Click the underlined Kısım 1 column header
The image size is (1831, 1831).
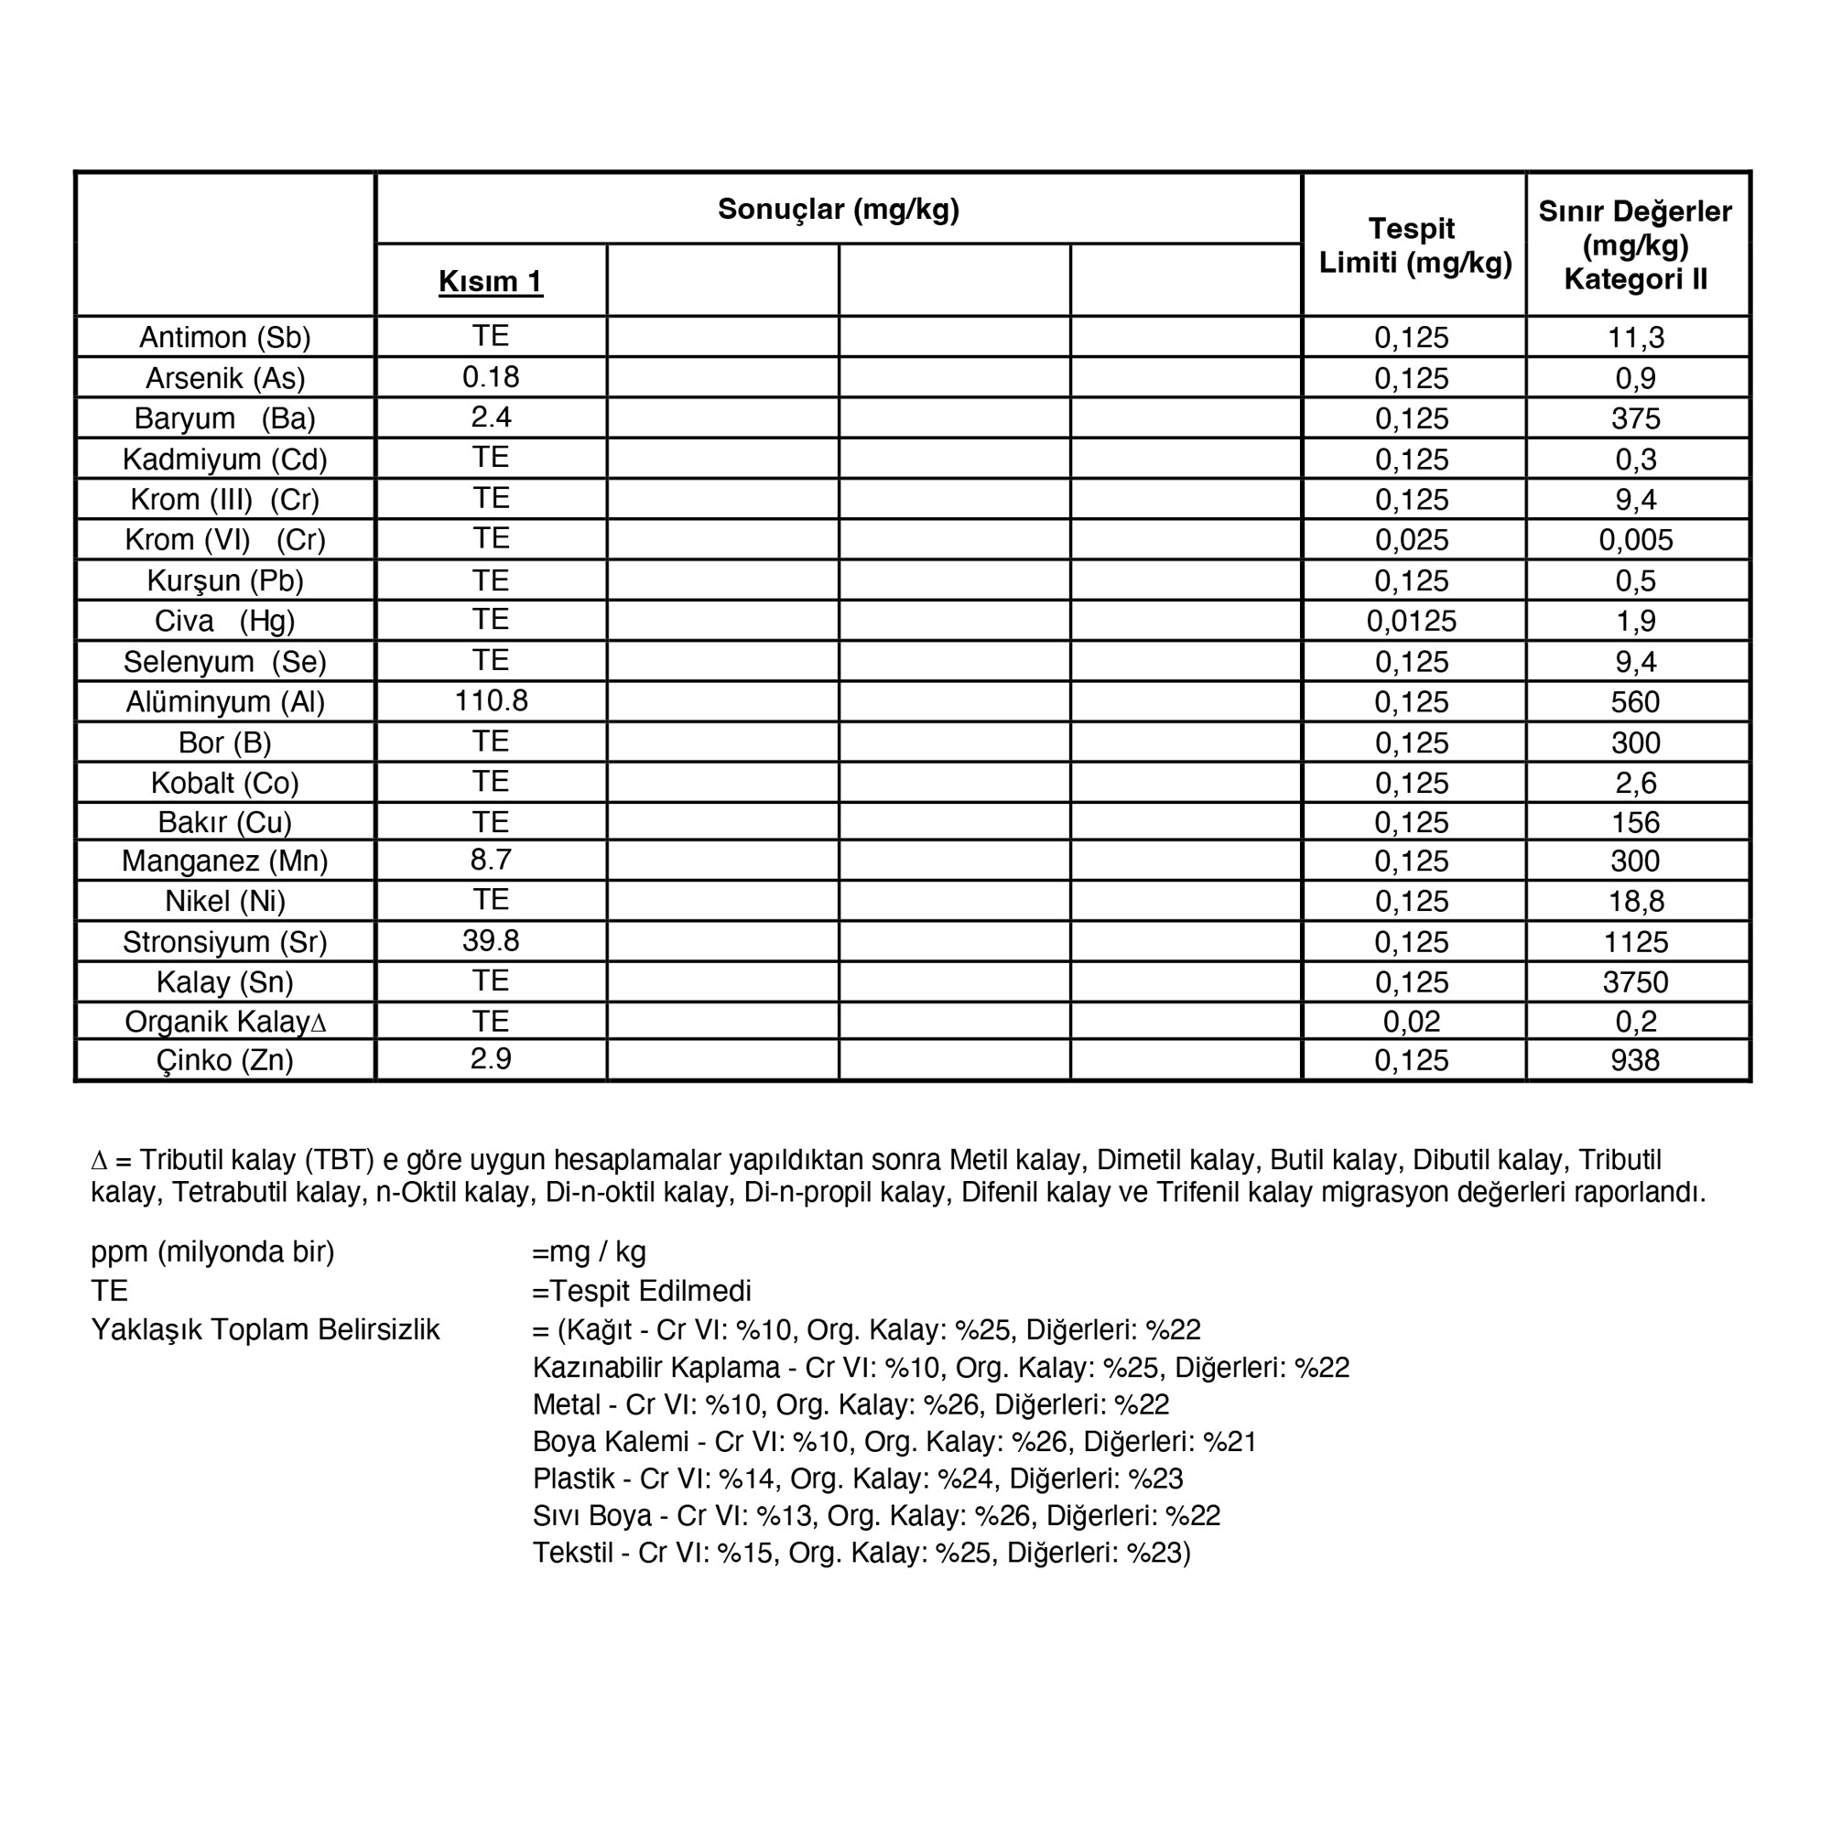tap(490, 281)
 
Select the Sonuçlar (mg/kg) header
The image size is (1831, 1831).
tap(838, 210)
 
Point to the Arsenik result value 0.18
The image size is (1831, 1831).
tap(491, 377)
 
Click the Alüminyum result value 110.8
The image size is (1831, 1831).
tap(491, 700)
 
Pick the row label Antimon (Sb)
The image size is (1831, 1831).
tap(224, 338)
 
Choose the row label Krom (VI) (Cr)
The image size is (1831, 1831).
tap(224, 539)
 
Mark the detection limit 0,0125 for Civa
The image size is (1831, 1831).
tap(1411, 621)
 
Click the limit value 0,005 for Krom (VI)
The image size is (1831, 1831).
tap(1636, 539)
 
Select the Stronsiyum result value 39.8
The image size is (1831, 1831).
tap(491, 940)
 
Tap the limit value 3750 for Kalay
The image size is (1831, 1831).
tap(1636, 981)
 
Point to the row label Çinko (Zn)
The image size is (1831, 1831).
tap(224, 1059)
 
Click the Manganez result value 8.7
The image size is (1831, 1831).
tap(491, 860)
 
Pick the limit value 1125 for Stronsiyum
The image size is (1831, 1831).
tap(1636, 942)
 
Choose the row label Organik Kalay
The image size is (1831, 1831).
tap(224, 1022)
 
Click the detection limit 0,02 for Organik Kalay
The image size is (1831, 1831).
tap(1411, 1022)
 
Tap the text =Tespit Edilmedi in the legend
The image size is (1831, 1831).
tap(642, 1291)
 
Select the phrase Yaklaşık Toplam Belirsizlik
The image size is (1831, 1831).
tap(265, 1329)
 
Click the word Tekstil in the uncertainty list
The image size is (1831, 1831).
tap(572, 1553)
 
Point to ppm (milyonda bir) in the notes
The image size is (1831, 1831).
tap(212, 1251)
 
